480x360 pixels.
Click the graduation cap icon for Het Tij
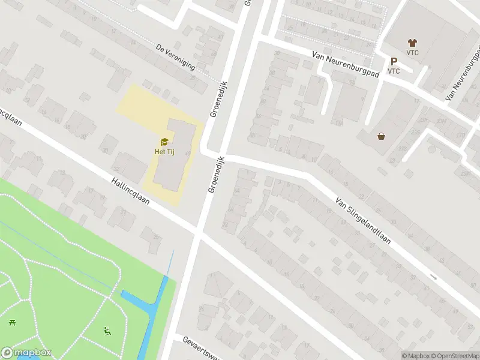[x=163, y=142]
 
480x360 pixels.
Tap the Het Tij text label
[x=163, y=151]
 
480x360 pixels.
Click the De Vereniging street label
[x=175, y=57]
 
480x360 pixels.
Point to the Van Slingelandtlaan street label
[x=363, y=221]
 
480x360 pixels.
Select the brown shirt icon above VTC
[x=412, y=43]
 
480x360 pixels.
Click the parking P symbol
[x=394, y=61]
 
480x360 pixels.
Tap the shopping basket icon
[x=381, y=136]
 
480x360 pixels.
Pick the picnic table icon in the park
[x=12, y=323]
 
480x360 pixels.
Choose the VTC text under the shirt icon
[x=412, y=52]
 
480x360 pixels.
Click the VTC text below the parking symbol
[x=394, y=71]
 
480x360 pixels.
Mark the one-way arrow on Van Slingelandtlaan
[x=433, y=277]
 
